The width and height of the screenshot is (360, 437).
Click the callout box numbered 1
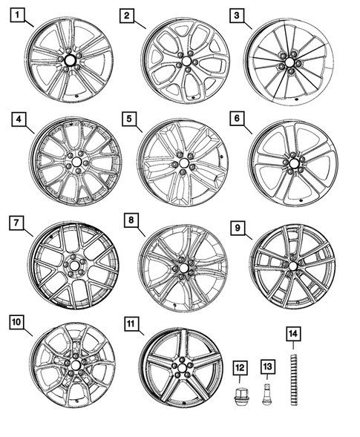[18, 15]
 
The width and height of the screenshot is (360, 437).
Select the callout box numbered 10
[18, 321]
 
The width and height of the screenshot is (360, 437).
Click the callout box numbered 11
[130, 323]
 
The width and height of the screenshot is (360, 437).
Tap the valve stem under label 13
[268, 391]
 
